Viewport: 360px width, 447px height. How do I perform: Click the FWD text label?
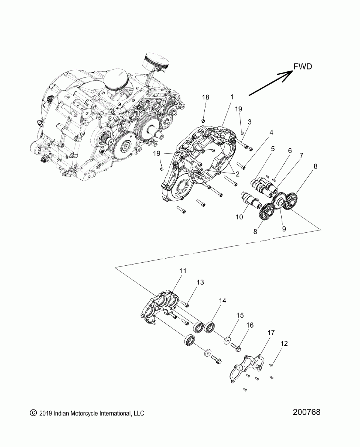click(x=303, y=66)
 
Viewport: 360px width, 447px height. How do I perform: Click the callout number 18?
click(x=205, y=97)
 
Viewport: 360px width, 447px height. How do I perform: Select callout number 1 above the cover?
click(x=232, y=97)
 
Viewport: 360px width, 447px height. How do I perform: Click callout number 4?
click(x=271, y=132)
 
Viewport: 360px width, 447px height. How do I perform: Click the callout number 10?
click(x=239, y=217)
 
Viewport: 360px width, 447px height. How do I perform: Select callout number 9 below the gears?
click(x=284, y=229)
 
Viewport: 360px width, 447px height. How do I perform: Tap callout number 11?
click(x=183, y=271)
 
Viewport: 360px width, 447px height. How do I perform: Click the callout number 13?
click(x=200, y=282)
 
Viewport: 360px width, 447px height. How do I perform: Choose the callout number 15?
click(x=240, y=315)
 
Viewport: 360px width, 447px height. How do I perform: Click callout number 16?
click(x=250, y=325)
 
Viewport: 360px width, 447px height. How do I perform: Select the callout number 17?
click(x=271, y=333)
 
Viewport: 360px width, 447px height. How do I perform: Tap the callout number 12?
click(x=284, y=343)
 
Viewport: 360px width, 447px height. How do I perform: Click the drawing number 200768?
click(x=306, y=412)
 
